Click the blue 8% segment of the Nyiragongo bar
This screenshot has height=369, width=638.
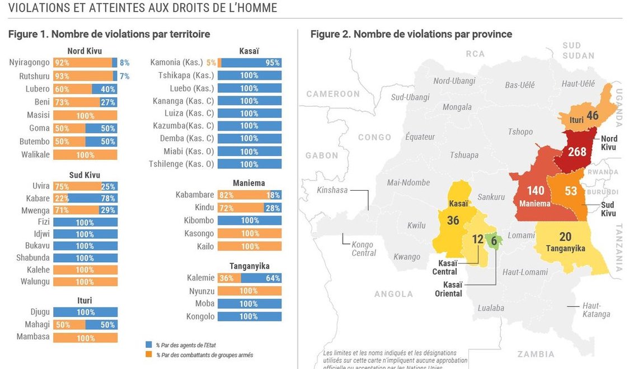(x=115, y=63)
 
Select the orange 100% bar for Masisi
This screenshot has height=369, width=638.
(x=85, y=115)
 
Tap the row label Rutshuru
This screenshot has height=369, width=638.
(x=35, y=75)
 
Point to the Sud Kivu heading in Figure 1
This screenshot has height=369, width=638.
(x=85, y=175)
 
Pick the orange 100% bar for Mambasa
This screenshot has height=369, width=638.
(x=85, y=338)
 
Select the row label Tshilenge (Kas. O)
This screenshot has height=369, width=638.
(x=181, y=164)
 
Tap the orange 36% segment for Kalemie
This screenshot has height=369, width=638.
(x=226, y=278)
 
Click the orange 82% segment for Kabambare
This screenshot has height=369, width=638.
(x=242, y=195)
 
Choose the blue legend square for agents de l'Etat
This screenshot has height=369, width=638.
(x=148, y=345)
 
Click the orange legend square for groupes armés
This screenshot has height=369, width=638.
(x=148, y=354)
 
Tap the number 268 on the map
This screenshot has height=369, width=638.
(x=577, y=152)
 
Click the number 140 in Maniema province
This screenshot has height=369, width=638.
(x=536, y=191)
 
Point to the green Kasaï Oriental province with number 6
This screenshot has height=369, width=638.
(x=493, y=240)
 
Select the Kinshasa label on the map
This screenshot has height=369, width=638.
(x=332, y=190)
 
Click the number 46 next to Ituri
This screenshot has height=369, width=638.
(x=592, y=116)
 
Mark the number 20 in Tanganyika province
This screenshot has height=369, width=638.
(x=565, y=236)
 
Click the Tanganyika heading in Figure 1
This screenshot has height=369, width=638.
(x=249, y=266)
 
